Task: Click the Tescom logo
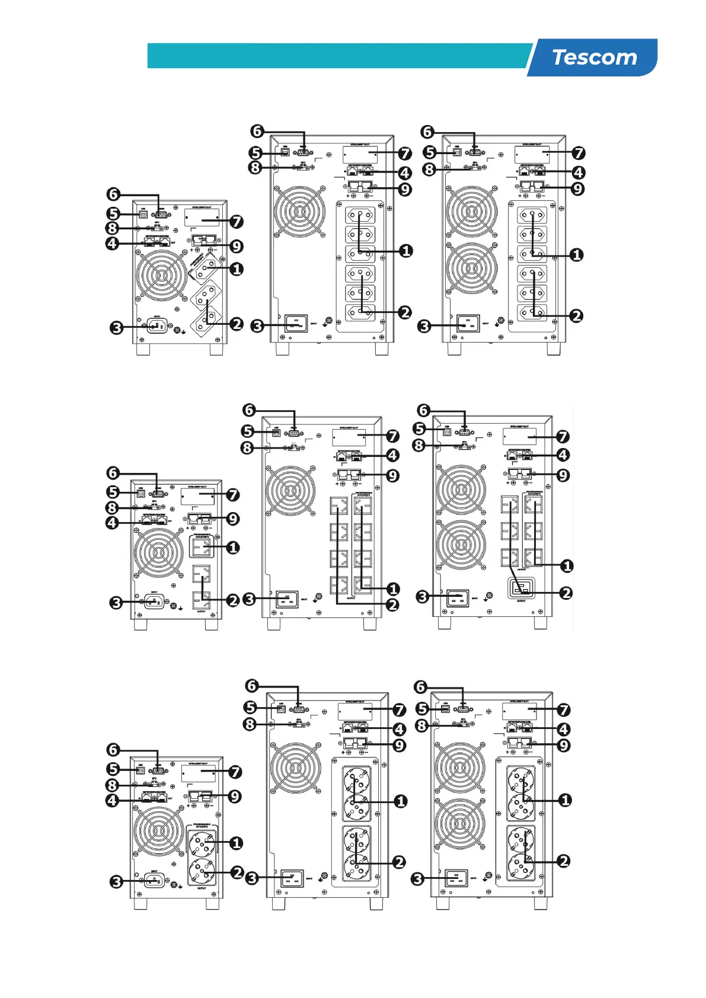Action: pyautogui.click(x=594, y=57)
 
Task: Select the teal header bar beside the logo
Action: pyautogui.click(x=338, y=56)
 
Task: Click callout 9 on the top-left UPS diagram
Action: pyautogui.click(x=237, y=246)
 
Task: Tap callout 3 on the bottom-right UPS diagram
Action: pyautogui.click(x=418, y=878)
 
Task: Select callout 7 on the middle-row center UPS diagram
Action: pyautogui.click(x=392, y=436)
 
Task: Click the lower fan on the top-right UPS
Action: pyautogui.click(x=472, y=268)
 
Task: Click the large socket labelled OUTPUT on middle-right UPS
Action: pyautogui.click(x=522, y=588)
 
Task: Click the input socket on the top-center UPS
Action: pyautogui.click(x=296, y=323)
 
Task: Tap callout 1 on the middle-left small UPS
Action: pyautogui.click(x=233, y=547)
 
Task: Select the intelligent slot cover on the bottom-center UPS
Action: pyautogui.click(x=355, y=711)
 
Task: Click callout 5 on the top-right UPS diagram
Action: pyautogui.click(x=430, y=152)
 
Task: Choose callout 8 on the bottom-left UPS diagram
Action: pyautogui.click(x=113, y=785)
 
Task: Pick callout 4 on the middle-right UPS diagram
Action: pyautogui.click(x=563, y=455)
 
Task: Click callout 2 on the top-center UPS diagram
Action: pyautogui.click(x=405, y=312)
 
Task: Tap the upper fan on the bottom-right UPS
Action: pyautogui.click(x=460, y=768)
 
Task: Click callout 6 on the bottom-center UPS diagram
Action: pyautogui.click(x=252, y=686)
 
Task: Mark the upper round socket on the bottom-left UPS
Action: pyautogui.click(x=202, y=843)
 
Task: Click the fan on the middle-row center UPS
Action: pyautogui.click(x=290, y=491)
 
